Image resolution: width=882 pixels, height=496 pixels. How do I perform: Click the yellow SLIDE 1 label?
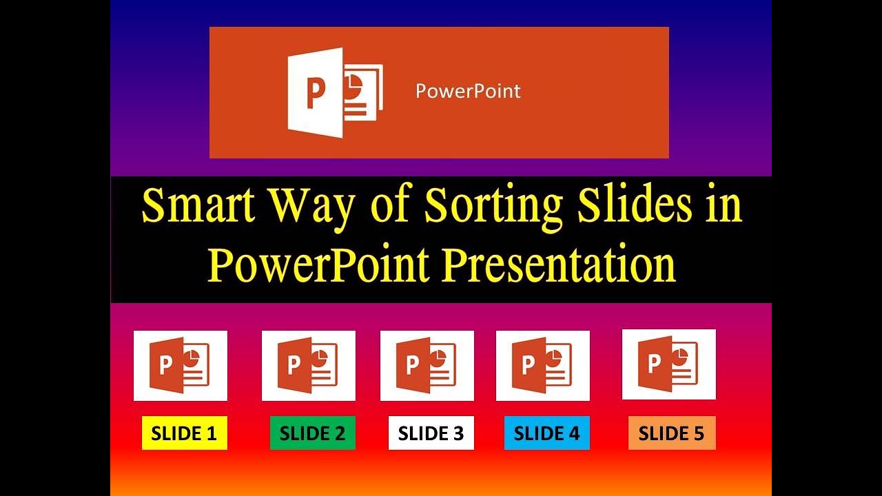pos(184,433)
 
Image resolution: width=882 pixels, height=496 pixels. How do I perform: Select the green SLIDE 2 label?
pos(312,433)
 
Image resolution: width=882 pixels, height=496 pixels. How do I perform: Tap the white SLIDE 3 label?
pos(431,433)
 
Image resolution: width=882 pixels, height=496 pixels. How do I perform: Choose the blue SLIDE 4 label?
pos(546,433)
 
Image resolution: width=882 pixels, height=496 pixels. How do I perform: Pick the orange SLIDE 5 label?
pos(671,433)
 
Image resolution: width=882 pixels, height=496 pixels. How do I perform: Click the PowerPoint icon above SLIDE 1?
pos(180,366)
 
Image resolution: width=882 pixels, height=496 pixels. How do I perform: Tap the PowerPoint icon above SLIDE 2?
pos(308,366)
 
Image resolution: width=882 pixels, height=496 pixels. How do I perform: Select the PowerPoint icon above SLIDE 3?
pos(427,366)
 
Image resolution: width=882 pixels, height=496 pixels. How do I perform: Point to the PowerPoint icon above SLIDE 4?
pos(542,366)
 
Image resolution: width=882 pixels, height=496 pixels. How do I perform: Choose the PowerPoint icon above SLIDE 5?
pos(668,364)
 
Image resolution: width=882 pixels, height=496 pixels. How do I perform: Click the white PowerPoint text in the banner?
pos(468,91)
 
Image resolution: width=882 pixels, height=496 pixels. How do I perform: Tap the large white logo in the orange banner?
pos(334,92)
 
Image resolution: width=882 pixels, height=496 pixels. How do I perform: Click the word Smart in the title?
pos(194,206)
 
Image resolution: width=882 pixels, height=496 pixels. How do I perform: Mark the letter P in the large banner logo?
pos(315,93)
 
